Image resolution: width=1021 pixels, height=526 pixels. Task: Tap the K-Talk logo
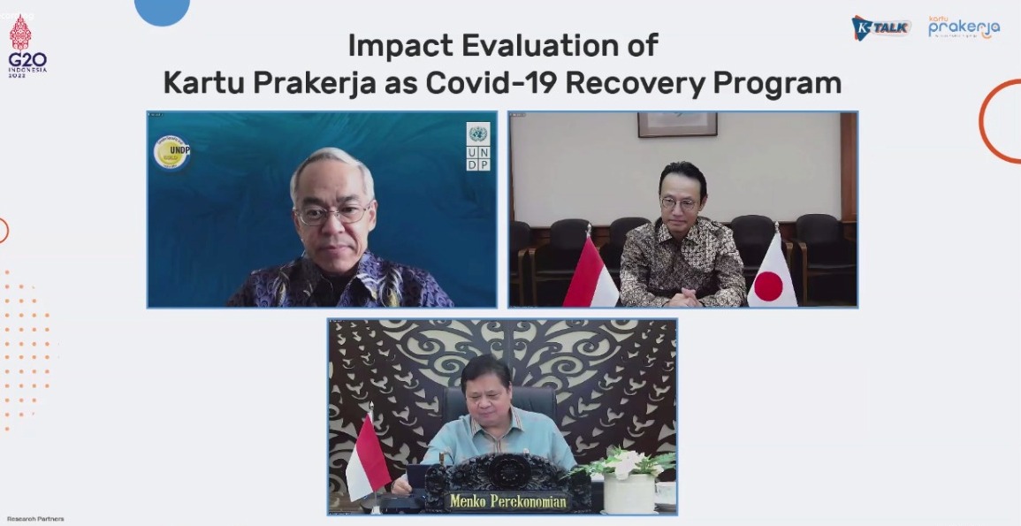tap(880, 27)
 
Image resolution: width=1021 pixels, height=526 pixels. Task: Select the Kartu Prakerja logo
tap(964, 27)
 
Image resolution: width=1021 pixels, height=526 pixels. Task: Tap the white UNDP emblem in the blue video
tap(478, 146)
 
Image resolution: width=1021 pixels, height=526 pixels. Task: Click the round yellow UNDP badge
tap(171, 152)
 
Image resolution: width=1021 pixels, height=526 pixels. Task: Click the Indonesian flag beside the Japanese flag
tap(590, 274)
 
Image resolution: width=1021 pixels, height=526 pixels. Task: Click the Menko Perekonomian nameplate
tap(507, 501)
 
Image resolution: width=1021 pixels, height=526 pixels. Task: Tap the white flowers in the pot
tap(629, 462)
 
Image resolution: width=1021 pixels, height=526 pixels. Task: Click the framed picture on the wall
tap(677, 124)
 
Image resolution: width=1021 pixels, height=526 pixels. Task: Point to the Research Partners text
tap(35, 519)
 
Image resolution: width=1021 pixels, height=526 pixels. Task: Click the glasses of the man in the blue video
tap(333, 213)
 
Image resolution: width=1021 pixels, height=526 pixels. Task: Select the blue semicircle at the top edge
tap(162, 11)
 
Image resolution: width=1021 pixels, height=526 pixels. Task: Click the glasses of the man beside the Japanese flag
tap(679, 203)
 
